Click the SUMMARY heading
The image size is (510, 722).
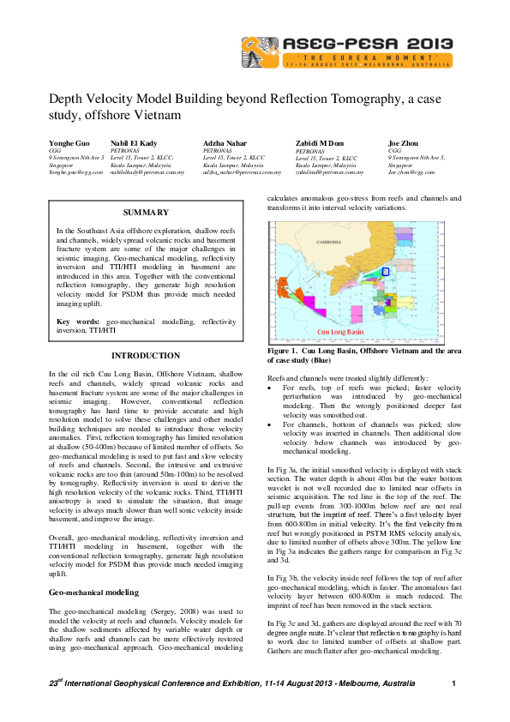coord(145,212)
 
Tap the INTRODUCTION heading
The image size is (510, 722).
coord(145,356)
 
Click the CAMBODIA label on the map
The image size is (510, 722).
coord(329,242)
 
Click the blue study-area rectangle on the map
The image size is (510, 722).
coord(385,271)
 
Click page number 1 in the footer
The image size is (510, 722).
coord(453,683)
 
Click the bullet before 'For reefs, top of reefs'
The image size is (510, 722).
coord(271,388)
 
